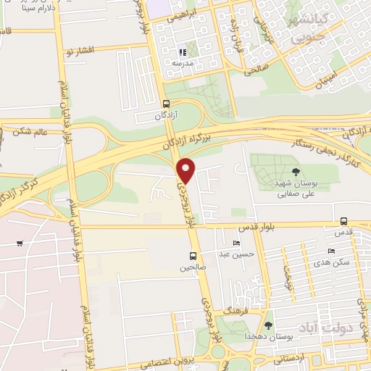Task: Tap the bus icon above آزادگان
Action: pos(167,104)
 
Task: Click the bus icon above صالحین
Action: pos(193,256)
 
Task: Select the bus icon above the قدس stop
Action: pos(343,222)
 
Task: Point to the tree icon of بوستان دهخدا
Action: pos(269,325)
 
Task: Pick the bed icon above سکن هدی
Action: pos(331,251)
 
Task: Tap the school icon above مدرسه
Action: pos(183,52)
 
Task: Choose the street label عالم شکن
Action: pos(28,132)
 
